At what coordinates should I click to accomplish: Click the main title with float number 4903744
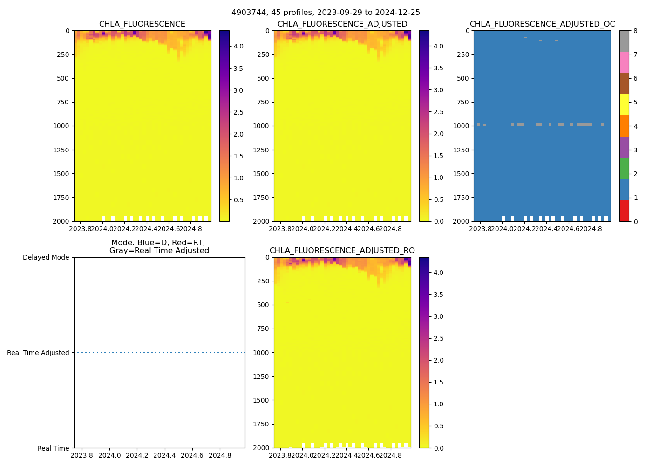326,13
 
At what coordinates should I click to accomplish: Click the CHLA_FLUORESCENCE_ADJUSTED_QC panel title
542,24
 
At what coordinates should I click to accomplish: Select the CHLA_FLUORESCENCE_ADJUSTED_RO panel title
342,251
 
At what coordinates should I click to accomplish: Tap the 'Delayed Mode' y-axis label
46,257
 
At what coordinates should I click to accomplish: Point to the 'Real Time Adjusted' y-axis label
38,353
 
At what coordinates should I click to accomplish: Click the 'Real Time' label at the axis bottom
53,448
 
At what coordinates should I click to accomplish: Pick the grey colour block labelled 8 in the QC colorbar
624,41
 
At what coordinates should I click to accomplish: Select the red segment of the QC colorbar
624,211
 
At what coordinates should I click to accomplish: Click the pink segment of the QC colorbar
624,62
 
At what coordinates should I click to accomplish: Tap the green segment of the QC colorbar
624,168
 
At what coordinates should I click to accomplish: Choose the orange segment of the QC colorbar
624,126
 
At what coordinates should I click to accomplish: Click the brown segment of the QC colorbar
624,83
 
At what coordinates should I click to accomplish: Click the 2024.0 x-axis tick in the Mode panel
109,455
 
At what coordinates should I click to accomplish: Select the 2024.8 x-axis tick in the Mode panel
220,455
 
